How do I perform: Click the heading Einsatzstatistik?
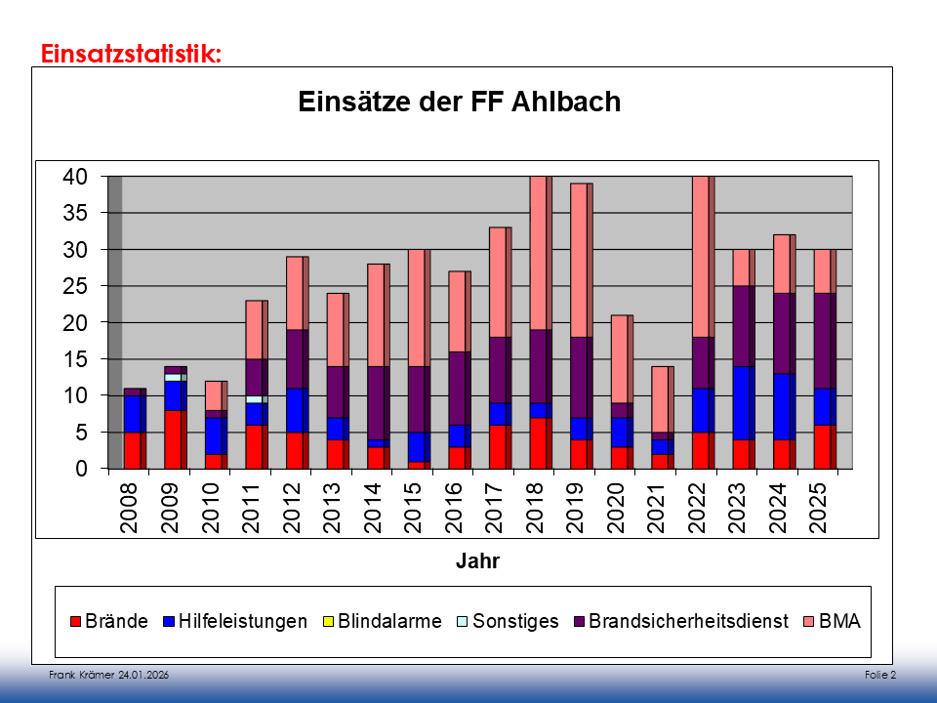coord(131,53)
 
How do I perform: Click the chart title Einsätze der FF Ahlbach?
coord(459,102)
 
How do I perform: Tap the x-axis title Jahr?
coord(477,561)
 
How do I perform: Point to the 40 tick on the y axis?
coord(75,177)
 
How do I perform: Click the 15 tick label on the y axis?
coord(75,359)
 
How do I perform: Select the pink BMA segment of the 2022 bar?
coord(701,257)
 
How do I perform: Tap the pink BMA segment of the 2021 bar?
coord(660,398)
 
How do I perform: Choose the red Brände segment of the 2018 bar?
coord(538,443)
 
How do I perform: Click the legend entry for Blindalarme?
coord(383,621)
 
